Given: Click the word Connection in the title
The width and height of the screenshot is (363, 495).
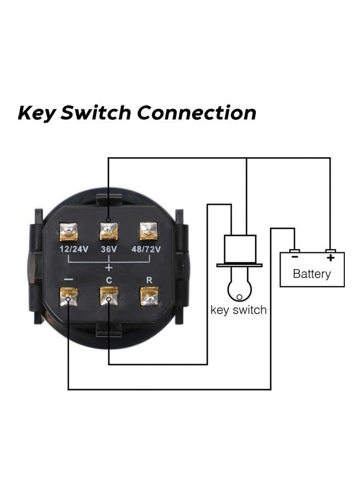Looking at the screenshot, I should click(196, 113).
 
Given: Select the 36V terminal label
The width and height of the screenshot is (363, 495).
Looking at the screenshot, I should click(108, 249).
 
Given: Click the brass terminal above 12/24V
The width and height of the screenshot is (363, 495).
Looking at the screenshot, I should click(69, 232).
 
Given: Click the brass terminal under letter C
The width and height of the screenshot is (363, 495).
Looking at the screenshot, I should click(109, 296).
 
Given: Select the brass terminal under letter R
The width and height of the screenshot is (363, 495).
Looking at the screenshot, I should click(149, 296).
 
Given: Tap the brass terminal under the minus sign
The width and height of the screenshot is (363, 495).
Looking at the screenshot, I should click(69, 297).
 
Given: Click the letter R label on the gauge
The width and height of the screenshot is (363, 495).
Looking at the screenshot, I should click(149, 279).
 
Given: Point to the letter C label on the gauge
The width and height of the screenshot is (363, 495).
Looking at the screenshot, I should click(109, 280).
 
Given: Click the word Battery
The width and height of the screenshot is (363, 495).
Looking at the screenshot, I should click(312, 273).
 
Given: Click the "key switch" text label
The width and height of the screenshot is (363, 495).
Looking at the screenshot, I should click(239, 310).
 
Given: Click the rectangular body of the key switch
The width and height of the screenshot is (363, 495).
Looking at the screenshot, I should click(239, 249).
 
